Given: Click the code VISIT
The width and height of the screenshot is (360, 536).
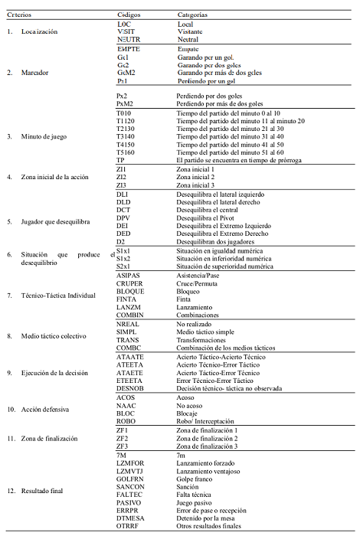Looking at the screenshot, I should pyautogui.click(x=126, y=31).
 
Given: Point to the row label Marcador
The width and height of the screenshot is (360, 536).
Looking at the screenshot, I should pyautogui.click(x=38, y=73).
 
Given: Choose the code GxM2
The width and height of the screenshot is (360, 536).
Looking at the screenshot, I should pyautogui.click(x=126, y=73).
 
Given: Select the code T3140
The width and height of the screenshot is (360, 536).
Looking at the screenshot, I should pyautogui.click(x=126, y=136).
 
